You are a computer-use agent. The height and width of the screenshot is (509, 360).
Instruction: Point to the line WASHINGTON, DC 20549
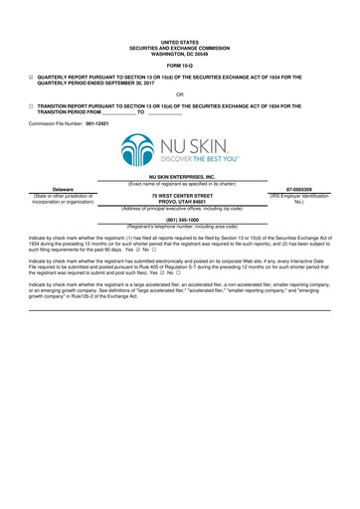click(180, 51)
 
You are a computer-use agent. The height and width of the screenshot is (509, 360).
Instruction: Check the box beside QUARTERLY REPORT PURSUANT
click(31, 76)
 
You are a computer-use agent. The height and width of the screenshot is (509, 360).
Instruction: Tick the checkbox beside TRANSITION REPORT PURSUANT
click(31, 104)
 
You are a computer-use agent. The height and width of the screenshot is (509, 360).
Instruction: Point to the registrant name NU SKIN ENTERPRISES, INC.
click(180, 175)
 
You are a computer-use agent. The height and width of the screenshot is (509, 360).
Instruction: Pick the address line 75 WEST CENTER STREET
click(180, 196)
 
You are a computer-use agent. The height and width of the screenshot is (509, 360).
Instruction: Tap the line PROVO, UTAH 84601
click(180, 202)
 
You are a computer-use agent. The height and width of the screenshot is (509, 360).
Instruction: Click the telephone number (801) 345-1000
click(180, 221)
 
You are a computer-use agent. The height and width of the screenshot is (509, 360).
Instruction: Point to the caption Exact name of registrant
click(180, 182)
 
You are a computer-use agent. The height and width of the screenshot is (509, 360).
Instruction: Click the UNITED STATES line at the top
click(180, 41)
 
